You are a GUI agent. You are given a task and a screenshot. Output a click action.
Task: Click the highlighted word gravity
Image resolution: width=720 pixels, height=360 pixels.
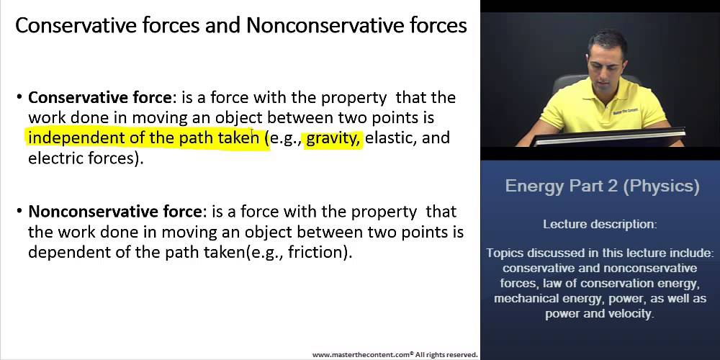click(333, 138)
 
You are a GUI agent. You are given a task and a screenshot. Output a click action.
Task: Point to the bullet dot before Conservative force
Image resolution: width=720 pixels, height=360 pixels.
click(19, 97)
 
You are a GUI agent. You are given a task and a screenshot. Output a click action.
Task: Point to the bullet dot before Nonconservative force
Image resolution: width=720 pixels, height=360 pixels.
click(19, 212)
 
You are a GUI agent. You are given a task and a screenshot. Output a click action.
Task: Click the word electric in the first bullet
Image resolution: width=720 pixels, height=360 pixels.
click(53, 158)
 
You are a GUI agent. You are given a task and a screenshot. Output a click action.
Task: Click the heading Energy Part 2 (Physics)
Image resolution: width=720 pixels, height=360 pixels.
click(602, 186)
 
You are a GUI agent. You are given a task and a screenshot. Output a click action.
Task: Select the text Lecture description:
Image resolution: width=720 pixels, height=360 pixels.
click(600, 224)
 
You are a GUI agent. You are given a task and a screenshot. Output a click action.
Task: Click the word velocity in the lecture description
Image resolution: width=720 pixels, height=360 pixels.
click(629, 314)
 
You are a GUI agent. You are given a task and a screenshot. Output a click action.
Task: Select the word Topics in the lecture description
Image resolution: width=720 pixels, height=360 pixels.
click(504, 253)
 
